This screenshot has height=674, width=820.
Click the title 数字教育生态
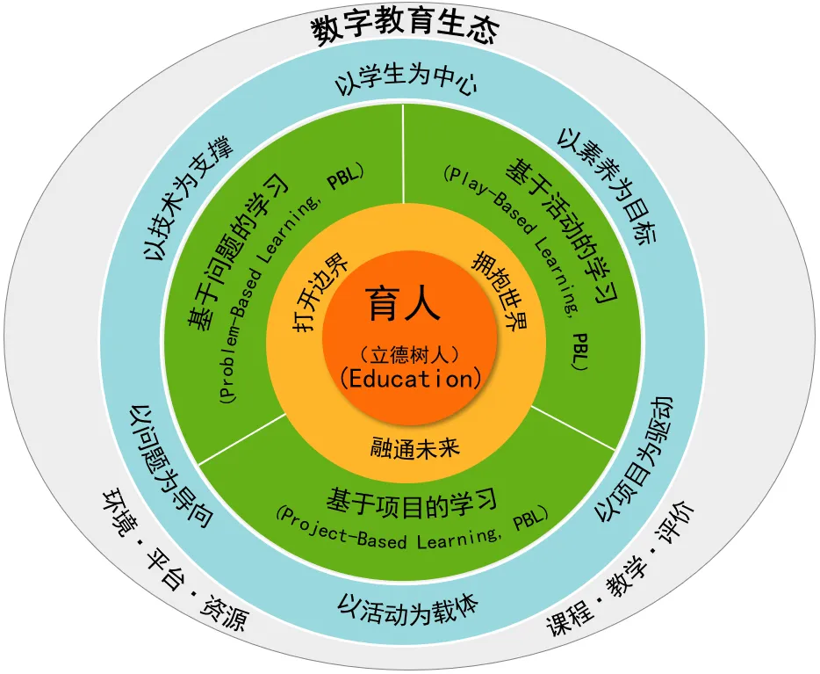tap(405, 29)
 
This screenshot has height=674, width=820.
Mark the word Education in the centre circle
tap(411, 379)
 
